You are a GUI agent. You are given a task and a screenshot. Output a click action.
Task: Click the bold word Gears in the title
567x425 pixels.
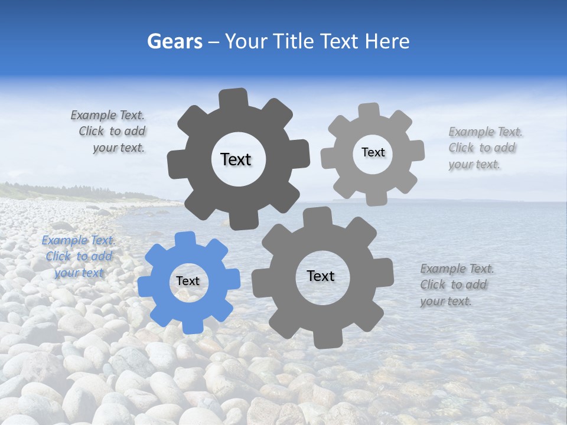pos(174,41)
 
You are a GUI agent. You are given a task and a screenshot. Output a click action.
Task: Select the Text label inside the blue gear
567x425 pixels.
pos(188,282)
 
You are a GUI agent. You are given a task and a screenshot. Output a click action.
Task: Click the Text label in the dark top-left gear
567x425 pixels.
pos(236,159)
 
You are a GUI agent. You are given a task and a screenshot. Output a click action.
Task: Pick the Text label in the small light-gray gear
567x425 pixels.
pos(373,152)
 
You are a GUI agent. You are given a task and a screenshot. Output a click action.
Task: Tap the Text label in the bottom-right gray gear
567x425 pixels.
pos(321,276)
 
